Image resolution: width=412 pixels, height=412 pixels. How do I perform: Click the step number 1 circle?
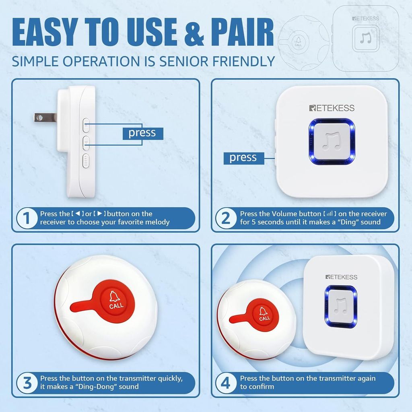[x=27, y=218]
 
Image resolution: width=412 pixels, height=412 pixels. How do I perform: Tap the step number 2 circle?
[x=226, y=218]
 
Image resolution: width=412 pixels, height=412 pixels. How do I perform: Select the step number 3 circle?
[x=27, y=383]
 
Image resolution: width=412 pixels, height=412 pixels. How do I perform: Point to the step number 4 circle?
[x=226, y=383]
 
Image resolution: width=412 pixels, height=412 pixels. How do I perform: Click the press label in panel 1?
[x=143, y=134]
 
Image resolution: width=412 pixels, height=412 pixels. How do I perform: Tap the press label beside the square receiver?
[x=243, y=158]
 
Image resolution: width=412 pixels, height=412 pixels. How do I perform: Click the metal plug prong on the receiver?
[x=45, y=117]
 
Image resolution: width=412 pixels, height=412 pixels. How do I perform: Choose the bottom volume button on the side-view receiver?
[x=86, y=161]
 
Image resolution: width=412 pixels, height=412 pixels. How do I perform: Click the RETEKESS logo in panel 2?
[x=332, y=108]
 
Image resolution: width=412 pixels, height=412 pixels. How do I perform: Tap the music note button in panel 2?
[x=332, y=142]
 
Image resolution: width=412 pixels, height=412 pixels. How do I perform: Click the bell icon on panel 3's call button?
[x=114, y=297]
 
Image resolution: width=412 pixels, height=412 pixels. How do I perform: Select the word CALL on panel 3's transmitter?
[x=116, y=306]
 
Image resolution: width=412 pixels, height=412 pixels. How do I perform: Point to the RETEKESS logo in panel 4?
[x=341, y=277]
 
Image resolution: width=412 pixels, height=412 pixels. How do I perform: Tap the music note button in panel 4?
[x=341, y=307]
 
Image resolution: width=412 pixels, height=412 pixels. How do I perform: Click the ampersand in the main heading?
[x=194, y=32]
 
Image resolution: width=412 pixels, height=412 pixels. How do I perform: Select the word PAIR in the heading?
[x=242, y=32]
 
